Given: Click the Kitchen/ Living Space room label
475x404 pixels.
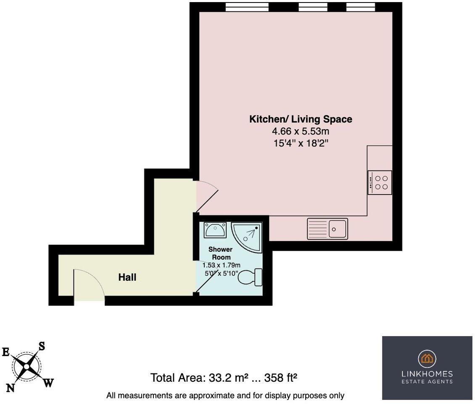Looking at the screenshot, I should point(301,119).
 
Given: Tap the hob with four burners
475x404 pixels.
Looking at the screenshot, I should point(380,182).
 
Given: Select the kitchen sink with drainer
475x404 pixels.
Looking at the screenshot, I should point(327,229).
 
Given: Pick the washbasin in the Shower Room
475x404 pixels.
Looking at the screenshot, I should point(215,230).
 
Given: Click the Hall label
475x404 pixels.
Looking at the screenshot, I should point(127,277).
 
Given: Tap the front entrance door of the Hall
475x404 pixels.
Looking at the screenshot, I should point(89,286).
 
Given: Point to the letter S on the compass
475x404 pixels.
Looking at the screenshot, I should point(42,346).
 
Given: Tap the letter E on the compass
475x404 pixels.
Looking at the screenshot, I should point(6,352).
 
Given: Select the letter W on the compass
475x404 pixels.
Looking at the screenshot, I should point(49,383).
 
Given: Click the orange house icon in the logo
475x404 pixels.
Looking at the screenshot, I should point(427,359).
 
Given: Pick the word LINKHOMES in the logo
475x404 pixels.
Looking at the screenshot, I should point(427,374).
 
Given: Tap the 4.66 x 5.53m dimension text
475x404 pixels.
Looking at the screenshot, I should point(301,131).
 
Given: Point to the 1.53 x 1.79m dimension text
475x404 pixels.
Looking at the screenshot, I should point(222,265).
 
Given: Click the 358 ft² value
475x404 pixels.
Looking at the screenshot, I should point(281,377).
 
